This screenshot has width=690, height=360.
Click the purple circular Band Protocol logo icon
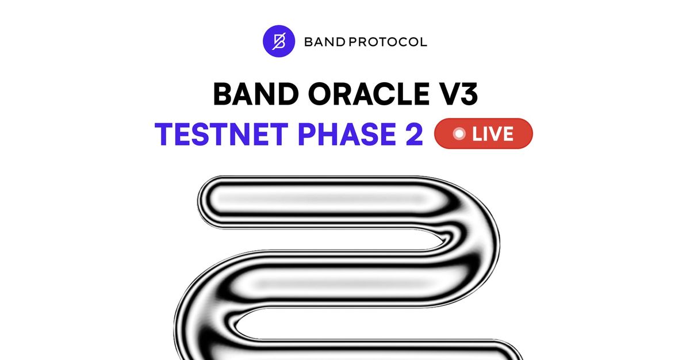point(279,42)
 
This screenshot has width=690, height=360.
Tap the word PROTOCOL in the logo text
point(389,43)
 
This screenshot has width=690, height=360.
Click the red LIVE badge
point(484,134)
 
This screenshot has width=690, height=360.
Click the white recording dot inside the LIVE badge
point(459,134)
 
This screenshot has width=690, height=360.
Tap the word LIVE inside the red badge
point(493,134)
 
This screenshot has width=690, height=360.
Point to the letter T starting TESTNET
point(165,134)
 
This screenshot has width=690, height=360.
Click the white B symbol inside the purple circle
point(279,42)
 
